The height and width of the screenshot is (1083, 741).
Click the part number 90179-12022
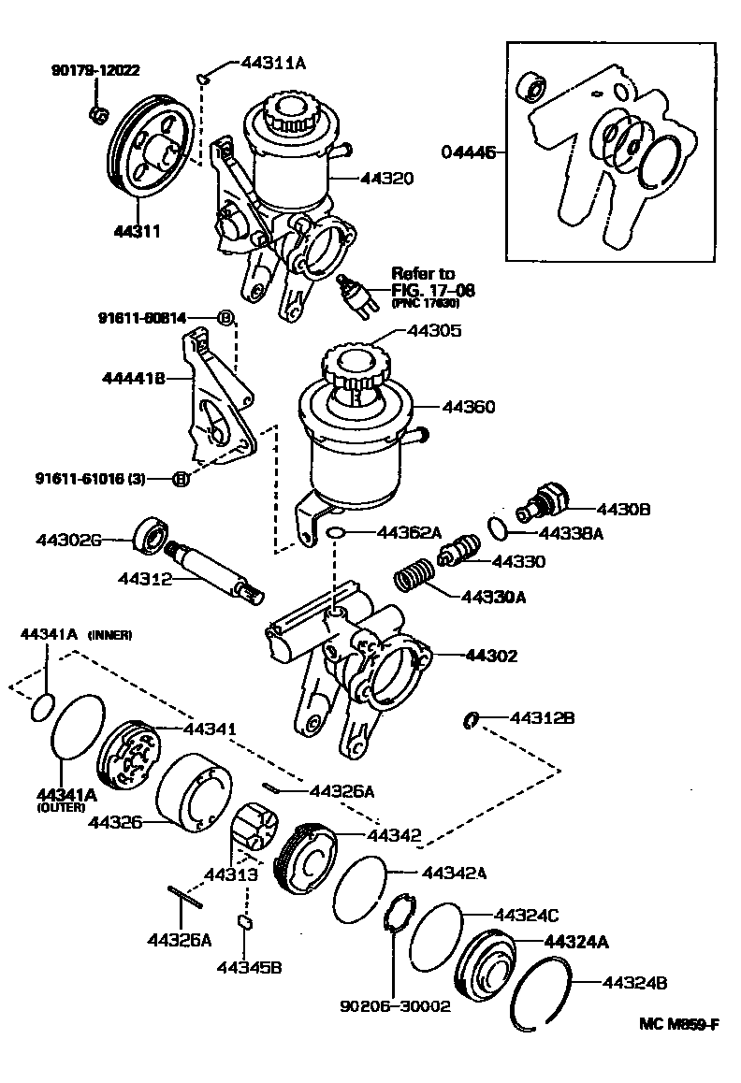[x=94, y=69]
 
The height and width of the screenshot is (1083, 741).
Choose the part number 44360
[x=469, y=407]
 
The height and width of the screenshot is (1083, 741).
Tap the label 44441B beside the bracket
[x=133, y=378]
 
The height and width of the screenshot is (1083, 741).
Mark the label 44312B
[x=542, y=718]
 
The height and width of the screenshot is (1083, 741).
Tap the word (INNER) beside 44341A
[x=110, y=635]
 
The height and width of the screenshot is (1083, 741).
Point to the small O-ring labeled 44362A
[x=337, y=533]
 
